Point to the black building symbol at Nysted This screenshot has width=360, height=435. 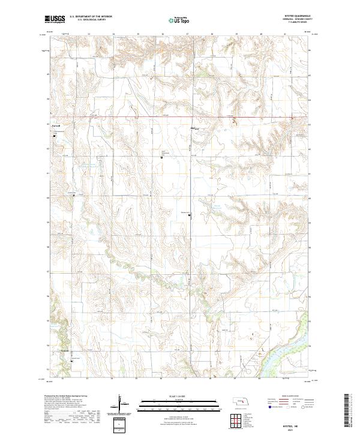click(191, 215)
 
